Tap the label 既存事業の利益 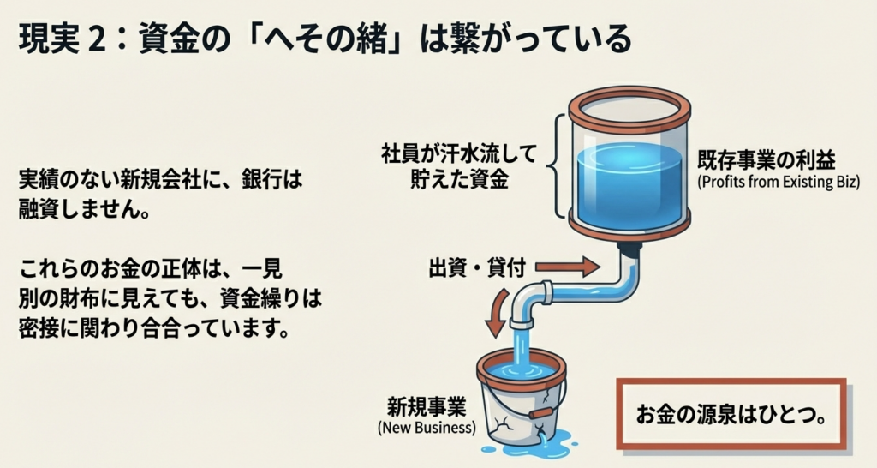pyautogui.click(x=767, y=160)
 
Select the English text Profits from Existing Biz pyautogui.click(x=778, y=183)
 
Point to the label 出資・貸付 pyautogui.click(x=477, y=268)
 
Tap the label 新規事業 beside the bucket pyautogui.click(x=427, y=407)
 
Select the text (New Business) pyautogui.click(x=427, y=429)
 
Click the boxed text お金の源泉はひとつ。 pyautogui.click(x=731, y=415)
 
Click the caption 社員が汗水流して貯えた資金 pyautogui.click(x=459, y=166)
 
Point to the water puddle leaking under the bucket pyautogui.click(x=531, y=445)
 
